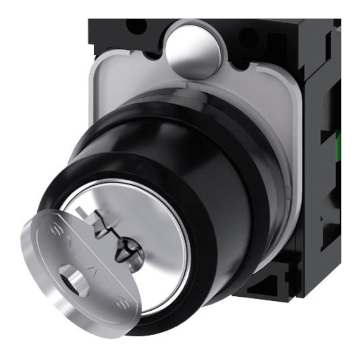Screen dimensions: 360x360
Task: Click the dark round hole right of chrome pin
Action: (x=248, y=36)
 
